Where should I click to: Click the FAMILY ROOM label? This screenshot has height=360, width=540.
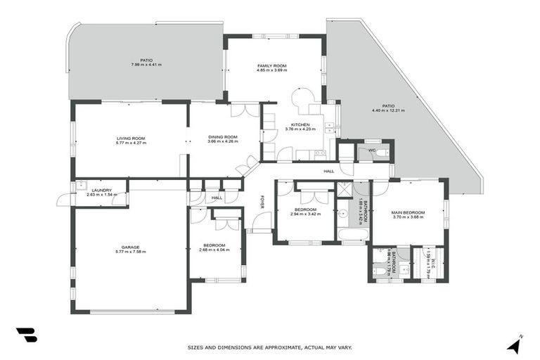(271, 65)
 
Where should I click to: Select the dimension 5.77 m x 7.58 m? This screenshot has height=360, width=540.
(130, 252)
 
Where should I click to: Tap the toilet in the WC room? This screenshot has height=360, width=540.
(379, 152)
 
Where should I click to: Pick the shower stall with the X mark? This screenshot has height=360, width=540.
(345, 188)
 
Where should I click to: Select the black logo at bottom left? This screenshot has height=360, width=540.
(26, 335)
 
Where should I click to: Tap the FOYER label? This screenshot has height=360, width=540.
(262, 202)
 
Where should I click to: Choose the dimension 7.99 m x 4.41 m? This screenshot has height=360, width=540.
(146, 65)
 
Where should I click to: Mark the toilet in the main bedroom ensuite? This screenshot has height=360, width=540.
(378, 271)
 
